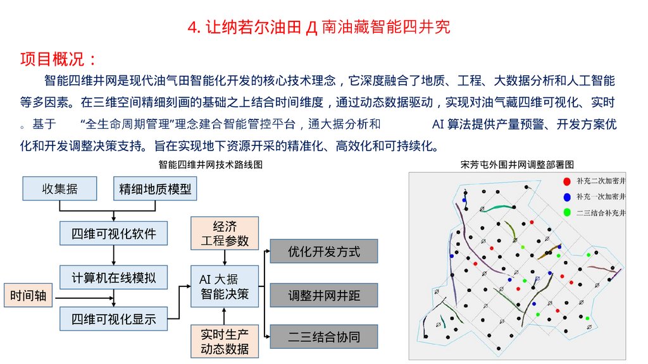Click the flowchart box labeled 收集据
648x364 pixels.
pos(59,189)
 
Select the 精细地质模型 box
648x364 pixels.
pos(155,189)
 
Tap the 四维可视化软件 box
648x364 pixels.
pos(114,233)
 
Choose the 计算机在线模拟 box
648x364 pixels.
pos(114,277)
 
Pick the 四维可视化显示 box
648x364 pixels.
pos(114,318)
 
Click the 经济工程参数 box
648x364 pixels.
pos(225,233)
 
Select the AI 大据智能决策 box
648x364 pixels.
pos(225,286)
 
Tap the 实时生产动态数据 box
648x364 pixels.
pos(225,341)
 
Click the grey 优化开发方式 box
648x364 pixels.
pos(324,251)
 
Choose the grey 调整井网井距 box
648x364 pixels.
pos(324,295)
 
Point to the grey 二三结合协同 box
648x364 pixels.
pos(324,337)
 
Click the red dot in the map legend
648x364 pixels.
pos(566,182)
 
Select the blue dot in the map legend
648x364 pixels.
pos(566,197)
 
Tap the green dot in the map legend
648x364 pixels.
pos(566,212)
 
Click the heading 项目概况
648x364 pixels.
pos(58,60)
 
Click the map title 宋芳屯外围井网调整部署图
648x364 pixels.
pos(518,164)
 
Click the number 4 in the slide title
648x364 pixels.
pos(192,28)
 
